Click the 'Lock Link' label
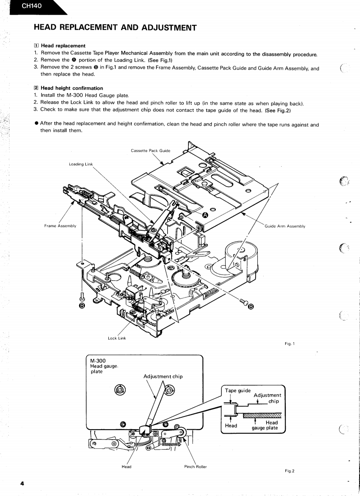117,338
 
